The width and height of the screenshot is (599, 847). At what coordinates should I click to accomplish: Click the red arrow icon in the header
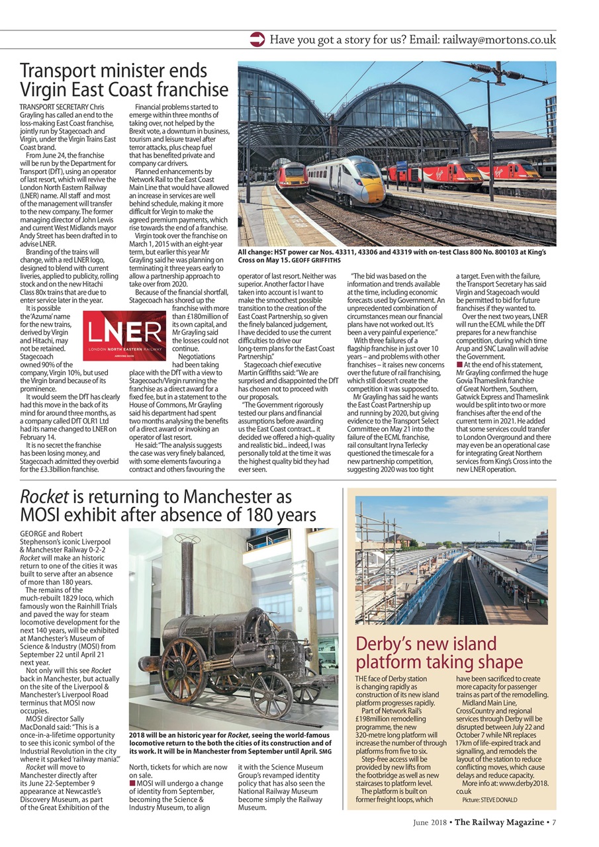pos(257,40)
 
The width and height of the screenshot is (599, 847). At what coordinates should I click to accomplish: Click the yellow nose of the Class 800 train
pos(375,194)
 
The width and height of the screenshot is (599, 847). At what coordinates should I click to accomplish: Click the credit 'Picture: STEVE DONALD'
pos(490,800)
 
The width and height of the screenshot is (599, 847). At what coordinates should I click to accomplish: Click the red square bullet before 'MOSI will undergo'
pos(132,784)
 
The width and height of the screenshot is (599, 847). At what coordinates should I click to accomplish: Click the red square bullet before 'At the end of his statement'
pos(460,365)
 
